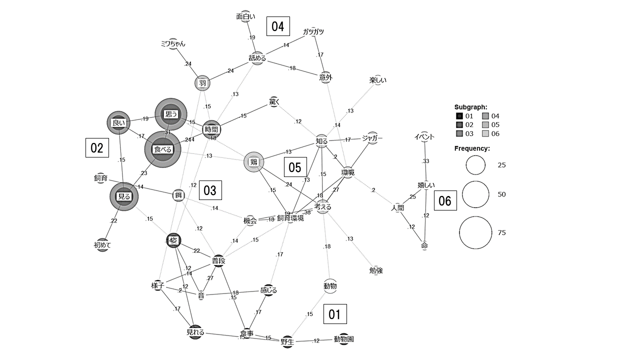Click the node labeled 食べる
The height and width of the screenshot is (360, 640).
(x=162, y=149)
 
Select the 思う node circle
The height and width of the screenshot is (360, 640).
(x=171, y=114)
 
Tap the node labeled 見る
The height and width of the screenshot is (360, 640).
(x=123, y=196)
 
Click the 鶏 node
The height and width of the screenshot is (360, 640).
(x=253, y=162)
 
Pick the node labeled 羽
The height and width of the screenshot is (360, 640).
(x=202, y=83)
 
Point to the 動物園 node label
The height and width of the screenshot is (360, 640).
(x=344, y=339)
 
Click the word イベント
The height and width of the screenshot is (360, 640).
(x=424, y=137)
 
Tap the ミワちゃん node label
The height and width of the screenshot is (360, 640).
(x=173, y=43)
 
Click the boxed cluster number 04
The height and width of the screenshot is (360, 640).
(x=278, y=26)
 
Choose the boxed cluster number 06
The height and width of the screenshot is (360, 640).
(x=444, y=201)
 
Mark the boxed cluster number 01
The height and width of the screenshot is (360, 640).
(x=334, y=314)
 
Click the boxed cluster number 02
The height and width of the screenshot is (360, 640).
(x=96, y=148)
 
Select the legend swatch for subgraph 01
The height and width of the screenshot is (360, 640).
(x=459, y=116)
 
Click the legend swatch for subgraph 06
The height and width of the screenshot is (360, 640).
(x=486, y=133)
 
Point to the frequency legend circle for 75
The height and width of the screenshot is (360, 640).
(x=476, y=232)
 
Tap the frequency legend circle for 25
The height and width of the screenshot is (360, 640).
(x=475, y=165)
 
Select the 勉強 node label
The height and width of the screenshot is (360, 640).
(x=376, y=270)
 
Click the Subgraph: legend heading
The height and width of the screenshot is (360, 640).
(x=470, y=107)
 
